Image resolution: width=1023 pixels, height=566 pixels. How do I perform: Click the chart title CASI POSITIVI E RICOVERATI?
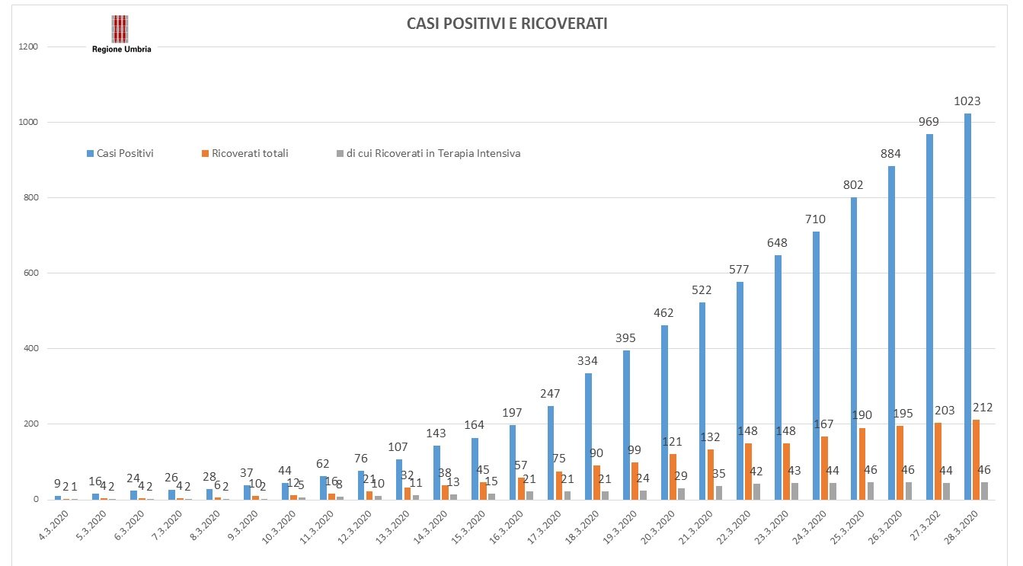[x=507, y=24]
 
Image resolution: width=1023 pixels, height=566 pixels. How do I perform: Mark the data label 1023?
[x=967, y=101]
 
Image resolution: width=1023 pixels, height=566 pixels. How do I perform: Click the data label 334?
[x=587, y=360]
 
